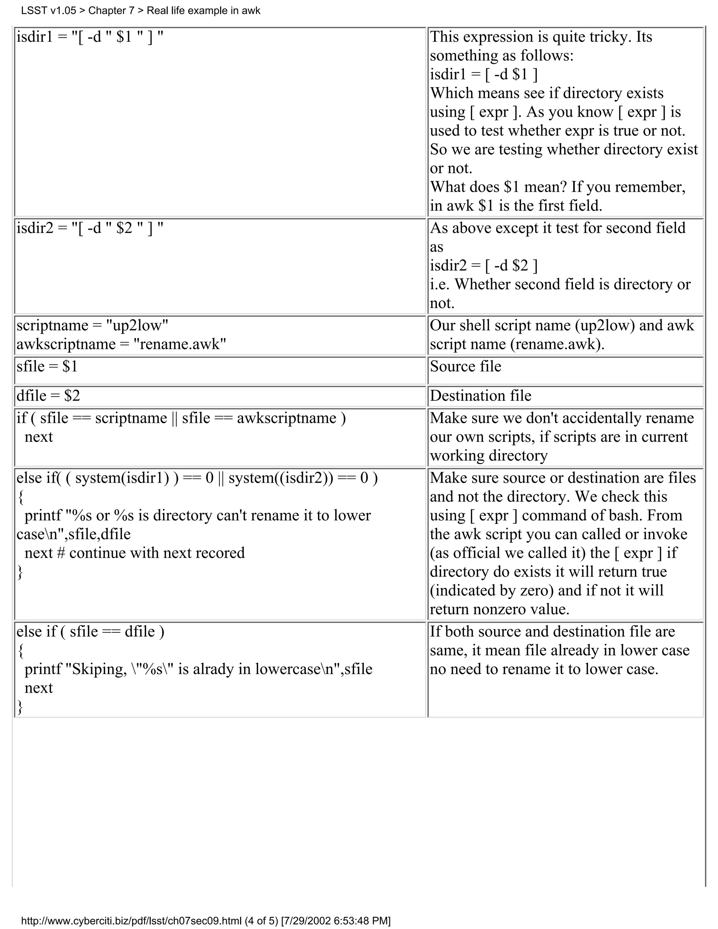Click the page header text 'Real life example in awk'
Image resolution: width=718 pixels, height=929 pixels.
(203, 11)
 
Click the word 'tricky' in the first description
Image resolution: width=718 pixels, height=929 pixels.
(609, 37)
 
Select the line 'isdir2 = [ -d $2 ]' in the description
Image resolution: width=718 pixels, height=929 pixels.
(483, 266)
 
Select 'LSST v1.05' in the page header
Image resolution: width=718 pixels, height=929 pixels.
(48, 11)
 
